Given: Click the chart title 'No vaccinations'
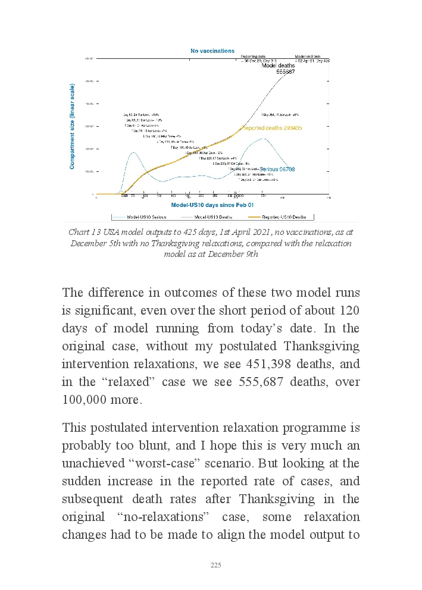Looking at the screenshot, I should click(x=212, y=51).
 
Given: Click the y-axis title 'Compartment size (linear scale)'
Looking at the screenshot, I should click(x=73, y=126).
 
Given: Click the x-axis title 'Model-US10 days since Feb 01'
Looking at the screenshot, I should click(x=204, y=204).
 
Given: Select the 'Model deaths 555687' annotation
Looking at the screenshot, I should click(x=278, y=68).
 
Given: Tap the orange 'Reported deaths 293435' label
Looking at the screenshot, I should click(x=271, y=128).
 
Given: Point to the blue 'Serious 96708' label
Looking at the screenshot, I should click(x=277, y=170).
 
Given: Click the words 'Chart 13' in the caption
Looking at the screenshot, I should click(x=82, y=233).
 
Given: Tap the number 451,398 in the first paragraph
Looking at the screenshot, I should click(x=270, y=363).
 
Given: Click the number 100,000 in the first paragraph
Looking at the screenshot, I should click(x=85, y=400).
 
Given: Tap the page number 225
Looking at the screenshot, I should click(x=216, y=565).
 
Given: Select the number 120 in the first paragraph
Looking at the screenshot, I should click(x=348, y=310).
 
